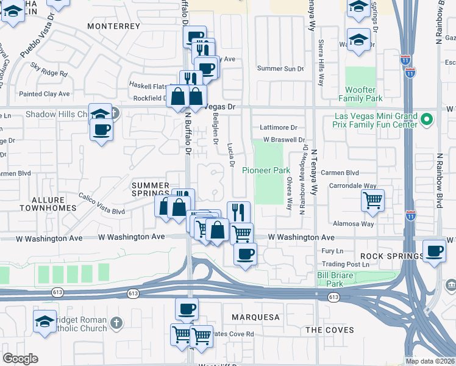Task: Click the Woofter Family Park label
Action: click(364, 94)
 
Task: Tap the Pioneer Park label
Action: click(266, 170)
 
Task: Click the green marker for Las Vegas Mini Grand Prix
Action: click(427, 118)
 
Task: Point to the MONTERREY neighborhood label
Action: click(114, 27)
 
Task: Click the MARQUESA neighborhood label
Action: click(255, 317)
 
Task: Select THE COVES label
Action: click(329, 330)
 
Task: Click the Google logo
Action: click(20, 359)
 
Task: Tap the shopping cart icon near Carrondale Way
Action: click(372, 199)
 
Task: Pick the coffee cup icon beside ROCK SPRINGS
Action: click(435, 251)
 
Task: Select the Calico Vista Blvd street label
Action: click(102, 204)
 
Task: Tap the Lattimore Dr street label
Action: click(277, 127)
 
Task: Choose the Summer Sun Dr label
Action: click(280, 69)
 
